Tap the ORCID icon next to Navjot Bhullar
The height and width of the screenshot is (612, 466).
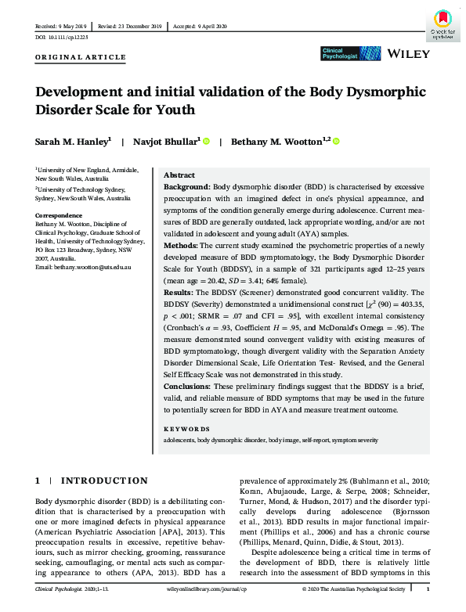tap(207, 142)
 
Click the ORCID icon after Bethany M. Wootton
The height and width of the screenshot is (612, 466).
tap(336, 142)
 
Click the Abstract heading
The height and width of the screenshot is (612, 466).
tap(179, 175)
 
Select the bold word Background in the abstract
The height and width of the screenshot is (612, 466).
tap(186, 189)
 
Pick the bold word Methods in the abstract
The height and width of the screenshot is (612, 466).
tap(180, 245)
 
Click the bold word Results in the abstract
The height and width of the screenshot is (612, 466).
tap(179, 290)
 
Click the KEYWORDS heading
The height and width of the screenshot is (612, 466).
tap(186, 430)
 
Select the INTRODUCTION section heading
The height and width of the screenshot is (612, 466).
tap(104, 481)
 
